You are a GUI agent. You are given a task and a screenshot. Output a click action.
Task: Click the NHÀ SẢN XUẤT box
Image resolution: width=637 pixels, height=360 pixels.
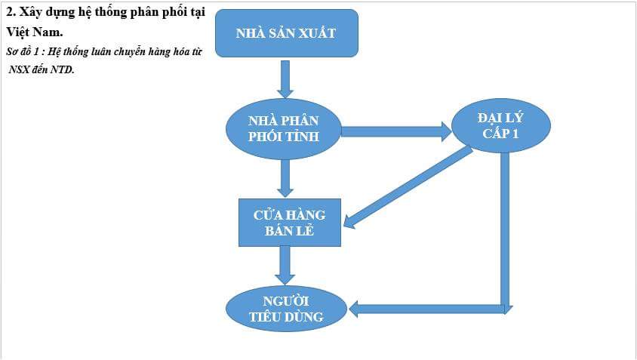click(x=286, y=33)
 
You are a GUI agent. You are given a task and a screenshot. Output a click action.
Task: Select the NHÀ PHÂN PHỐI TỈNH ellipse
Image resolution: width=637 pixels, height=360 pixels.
click(x=284, y=129)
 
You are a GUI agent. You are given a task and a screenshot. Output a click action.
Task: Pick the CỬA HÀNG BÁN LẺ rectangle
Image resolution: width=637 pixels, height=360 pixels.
click(x=290, y=223)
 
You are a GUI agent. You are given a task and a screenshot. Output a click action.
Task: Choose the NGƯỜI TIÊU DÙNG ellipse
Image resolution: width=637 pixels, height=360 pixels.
click(x=286, y=309)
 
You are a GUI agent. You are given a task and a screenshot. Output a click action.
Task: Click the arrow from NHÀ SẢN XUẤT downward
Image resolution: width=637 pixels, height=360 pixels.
click(x=285, y=78)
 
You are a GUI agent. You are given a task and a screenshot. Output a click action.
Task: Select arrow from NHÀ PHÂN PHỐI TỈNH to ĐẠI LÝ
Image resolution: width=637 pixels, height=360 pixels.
click(x=395, y=131)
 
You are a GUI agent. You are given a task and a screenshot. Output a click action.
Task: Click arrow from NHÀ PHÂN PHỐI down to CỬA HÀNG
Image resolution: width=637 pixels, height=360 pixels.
click(x=285, y=179)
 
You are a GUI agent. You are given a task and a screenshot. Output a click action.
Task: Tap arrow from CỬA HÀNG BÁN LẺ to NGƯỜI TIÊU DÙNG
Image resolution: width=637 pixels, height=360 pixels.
click(x=285, y=265)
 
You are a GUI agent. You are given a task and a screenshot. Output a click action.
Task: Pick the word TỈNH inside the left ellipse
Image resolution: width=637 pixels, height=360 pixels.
click(x=303, y=137)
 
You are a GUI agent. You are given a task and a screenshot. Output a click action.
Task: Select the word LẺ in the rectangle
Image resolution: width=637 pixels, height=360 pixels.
click(x=304, y=231)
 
